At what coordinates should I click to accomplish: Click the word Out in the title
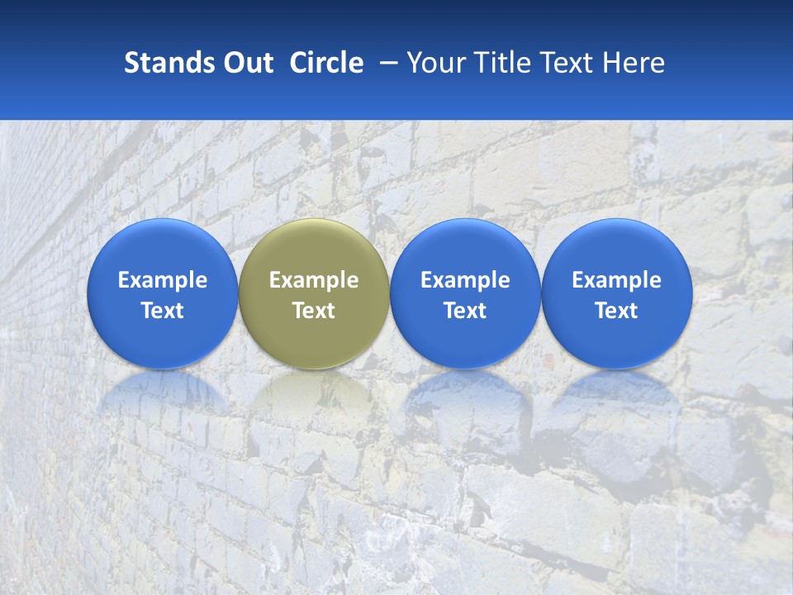pyautogui.click(x=245, y=63)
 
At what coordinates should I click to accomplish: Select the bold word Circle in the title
pyautogui.click(x=326, y=63)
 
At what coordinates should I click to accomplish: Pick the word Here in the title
pyautogui.click(x=632, y=63)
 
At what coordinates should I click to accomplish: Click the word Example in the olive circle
pyautogui.click(x=314, y=280)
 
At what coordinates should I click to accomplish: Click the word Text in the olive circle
pyautogui.click(x=314, y=311)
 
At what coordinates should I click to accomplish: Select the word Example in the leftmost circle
pyautogui.click(x=163, y=280)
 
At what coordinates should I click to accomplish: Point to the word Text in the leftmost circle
pyautogui.click(x=163, y=311)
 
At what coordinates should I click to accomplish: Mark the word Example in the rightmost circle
pyautogui.click(x=617, y=280)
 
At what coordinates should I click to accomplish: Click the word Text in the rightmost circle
pyautogui.click(x=617, y=311)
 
